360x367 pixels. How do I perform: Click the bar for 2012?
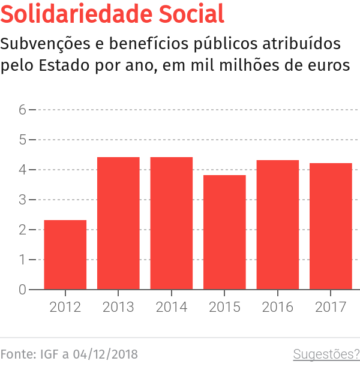click(65, 255)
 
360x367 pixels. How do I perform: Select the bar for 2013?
click(118, 223)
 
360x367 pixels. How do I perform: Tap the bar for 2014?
click(172, 223)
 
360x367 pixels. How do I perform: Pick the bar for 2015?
click(224, 232)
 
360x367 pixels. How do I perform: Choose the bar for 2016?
click(278, 225)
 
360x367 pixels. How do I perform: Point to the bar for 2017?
click(331, 226)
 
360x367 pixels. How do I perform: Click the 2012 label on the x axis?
click(65, 307)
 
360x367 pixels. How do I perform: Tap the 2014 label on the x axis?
click(172, 307)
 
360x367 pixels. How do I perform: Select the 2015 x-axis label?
click(224, 307)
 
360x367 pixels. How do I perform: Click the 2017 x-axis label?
click(331, 307)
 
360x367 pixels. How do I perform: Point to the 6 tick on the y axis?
click(22, 110)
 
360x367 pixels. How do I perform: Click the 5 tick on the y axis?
click(22, 140)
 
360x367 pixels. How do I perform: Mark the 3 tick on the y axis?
click(22, 200)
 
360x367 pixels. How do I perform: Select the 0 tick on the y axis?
click(22, 290)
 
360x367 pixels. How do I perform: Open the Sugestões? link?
click(326, 354)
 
